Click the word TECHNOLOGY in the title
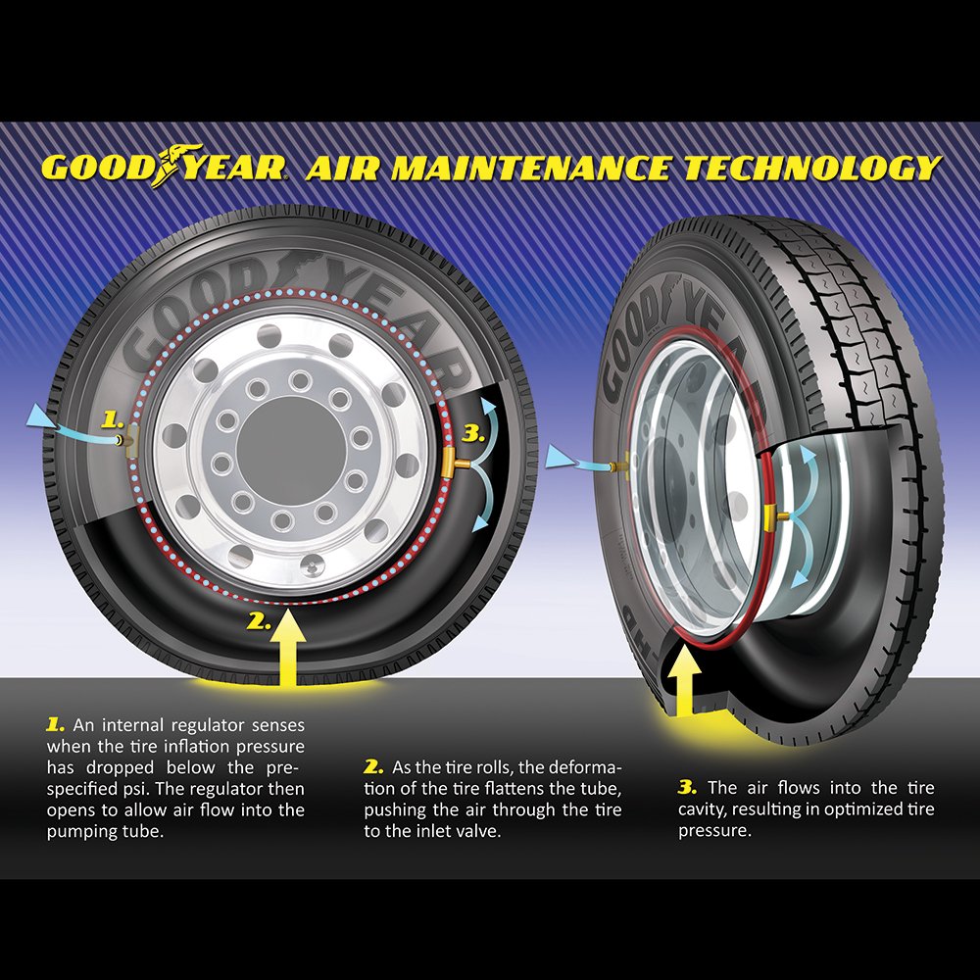tap(812, 168)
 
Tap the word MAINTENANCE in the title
tap(531, 168)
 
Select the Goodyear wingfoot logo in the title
tap(176, 165)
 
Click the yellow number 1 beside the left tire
tap(113, 420)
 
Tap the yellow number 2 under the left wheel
tap(259, 621)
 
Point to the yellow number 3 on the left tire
tap(473, 433)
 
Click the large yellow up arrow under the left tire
tap(287, 648)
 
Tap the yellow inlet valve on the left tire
tap(456, 464)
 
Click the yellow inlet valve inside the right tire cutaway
tap(774, 516)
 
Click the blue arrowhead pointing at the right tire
tap(559, 457)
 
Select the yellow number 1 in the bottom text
tap(55, 725)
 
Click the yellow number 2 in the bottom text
tap(373, 767)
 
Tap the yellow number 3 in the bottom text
tap(687, 787)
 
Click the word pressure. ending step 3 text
tap(715, 831)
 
